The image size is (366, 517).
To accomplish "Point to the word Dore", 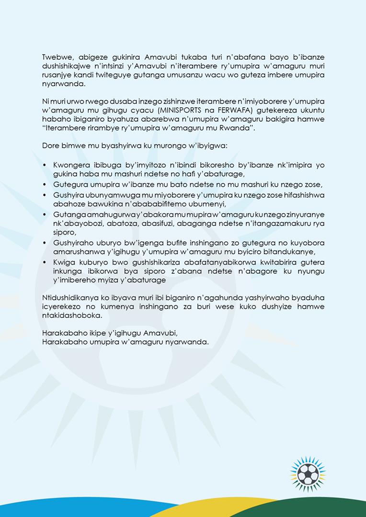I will tap(51, 144).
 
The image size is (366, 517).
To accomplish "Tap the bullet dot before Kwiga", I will tap(45, 262).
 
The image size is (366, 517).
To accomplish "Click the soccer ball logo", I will tap(307, 474).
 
